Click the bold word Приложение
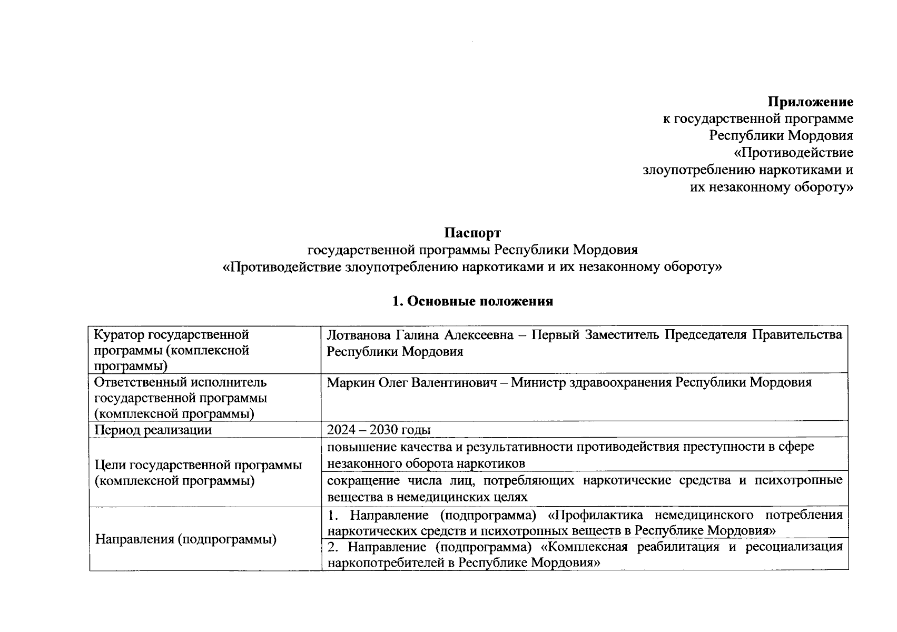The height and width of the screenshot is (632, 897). click(x=810, y=102)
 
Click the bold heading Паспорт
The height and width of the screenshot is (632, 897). click(x=472, y=233)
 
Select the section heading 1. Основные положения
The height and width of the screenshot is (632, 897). click(x=472, y=301)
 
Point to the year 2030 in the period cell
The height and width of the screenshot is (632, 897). click(x=385, y=430)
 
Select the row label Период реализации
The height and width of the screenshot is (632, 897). click(x=153, y=430)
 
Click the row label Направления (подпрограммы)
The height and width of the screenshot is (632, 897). click(x=186, y=539)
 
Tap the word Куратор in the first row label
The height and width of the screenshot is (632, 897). click(x=120, y=335)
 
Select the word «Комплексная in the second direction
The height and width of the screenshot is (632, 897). click(x=585, y=547)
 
